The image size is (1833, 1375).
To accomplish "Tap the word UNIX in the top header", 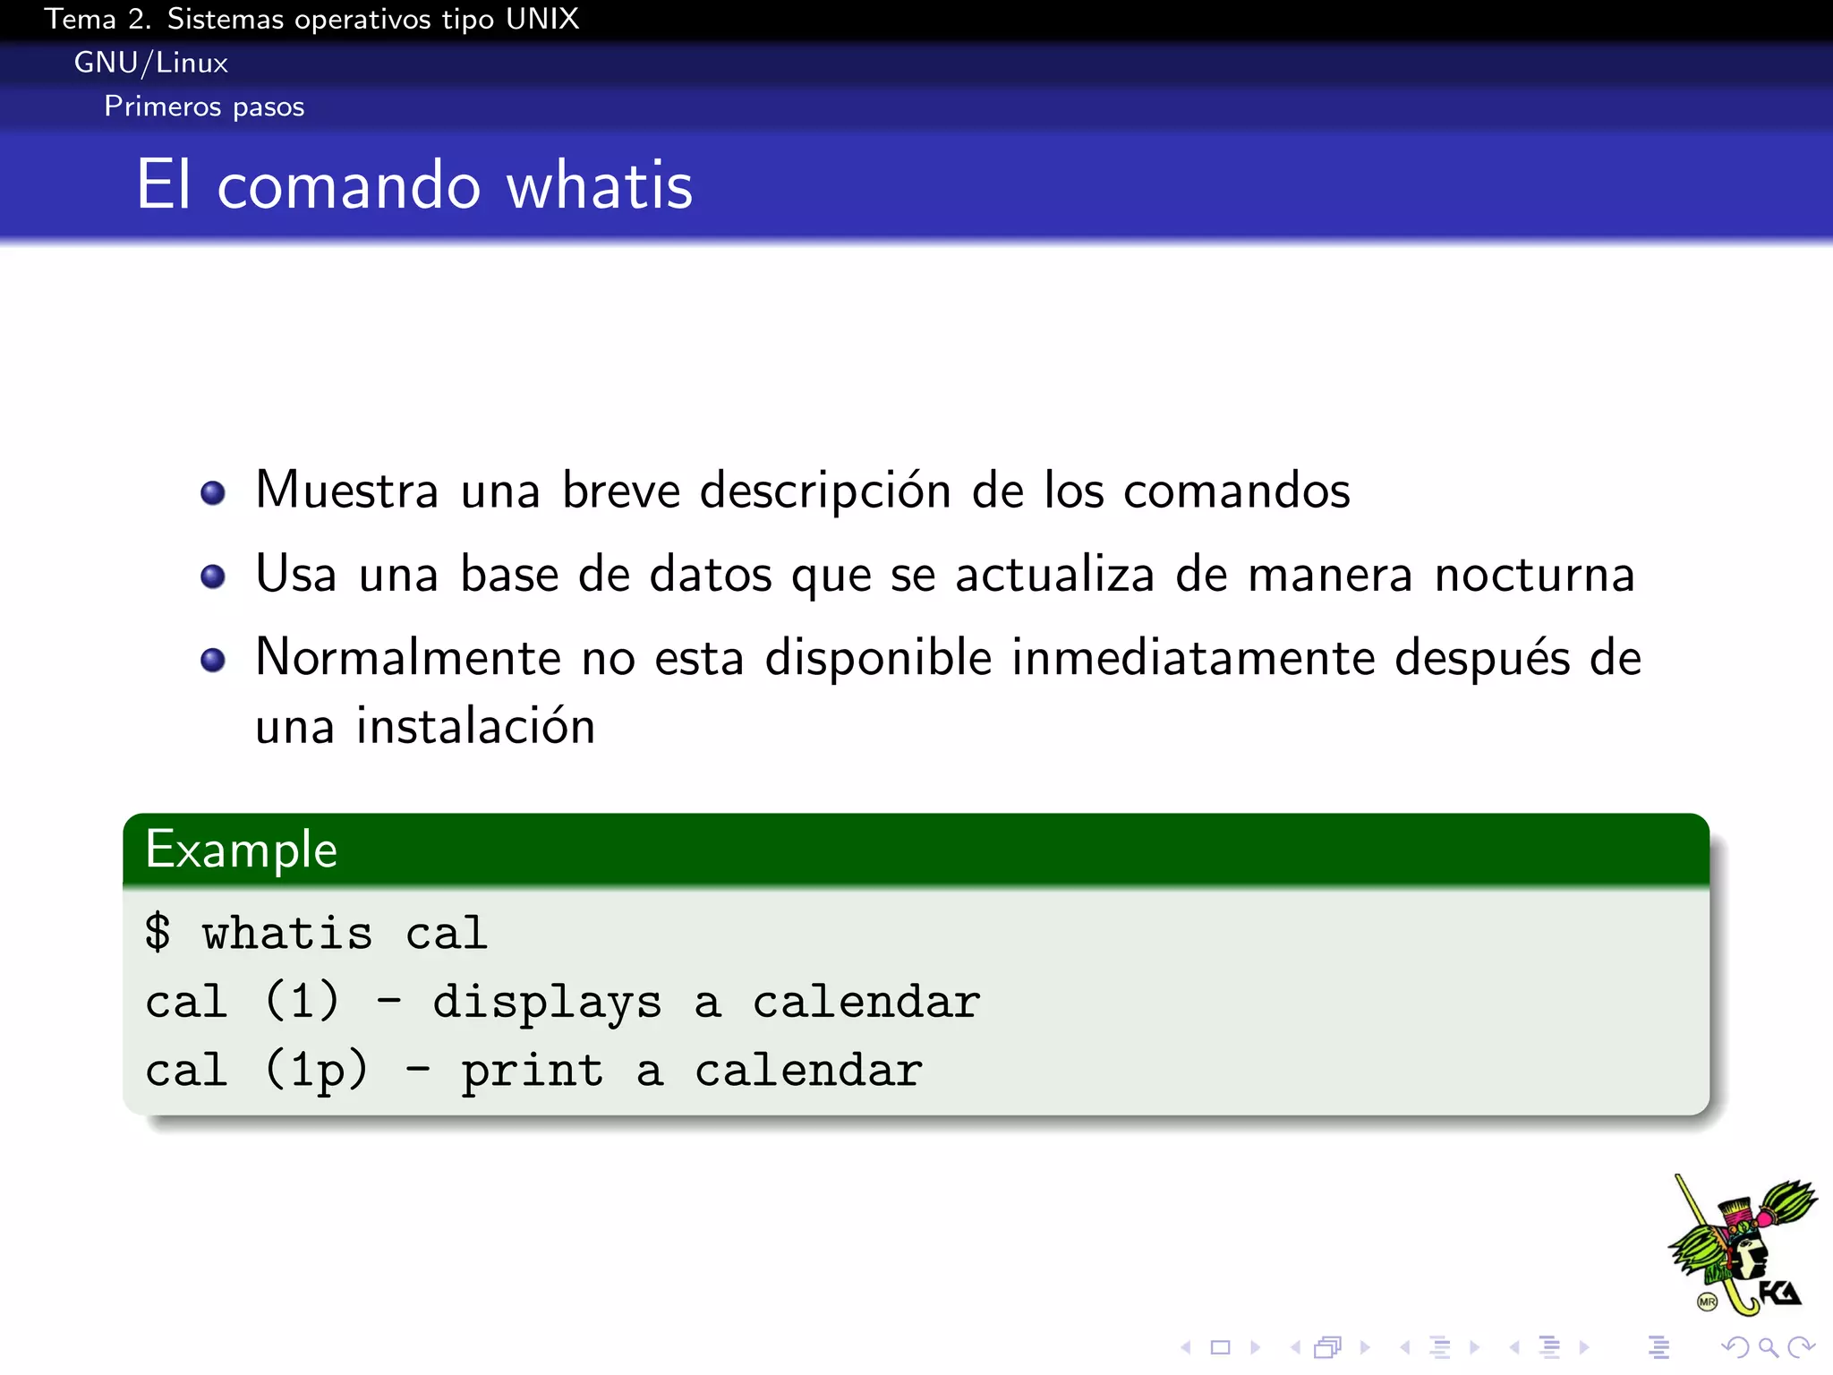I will [x=541, y=19].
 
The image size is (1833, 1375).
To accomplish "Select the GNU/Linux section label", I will [x=150, y=63].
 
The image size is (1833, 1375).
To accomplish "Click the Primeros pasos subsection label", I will [x=204, y=107].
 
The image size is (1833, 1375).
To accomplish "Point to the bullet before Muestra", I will [x=213, y=492].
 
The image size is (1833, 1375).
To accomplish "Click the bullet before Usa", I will [x=213, y=576].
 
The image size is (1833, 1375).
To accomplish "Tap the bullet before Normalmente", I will [x=213, y=661].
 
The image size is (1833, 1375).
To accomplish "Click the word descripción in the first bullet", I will [x=824, y=491].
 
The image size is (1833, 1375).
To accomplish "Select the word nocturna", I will [x=1534, y=575].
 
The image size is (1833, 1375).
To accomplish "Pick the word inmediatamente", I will [x=1192, y=658].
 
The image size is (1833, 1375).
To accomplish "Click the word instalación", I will [x=475, y=726].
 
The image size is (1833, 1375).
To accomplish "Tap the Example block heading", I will [x=242, y=850].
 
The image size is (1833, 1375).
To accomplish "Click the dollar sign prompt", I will [x=158, y=933].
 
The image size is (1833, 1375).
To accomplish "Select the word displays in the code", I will [x=547, y=1002].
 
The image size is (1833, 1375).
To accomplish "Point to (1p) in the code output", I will [x=317, y=1071].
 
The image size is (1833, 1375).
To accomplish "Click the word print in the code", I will [x=533, y=1071].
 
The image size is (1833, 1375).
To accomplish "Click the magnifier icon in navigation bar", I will [x=1768, y=1347].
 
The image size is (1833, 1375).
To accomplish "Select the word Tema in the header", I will [x=80, y=19].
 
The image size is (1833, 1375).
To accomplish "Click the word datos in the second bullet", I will [x=710, y=575].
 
